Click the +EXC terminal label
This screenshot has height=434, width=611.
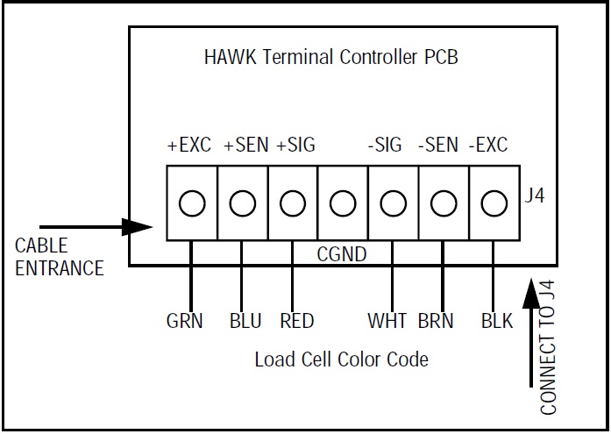(x=188, y=145)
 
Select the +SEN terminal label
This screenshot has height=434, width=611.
(x=246, y=145)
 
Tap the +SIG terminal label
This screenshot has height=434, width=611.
(x=295, y=145)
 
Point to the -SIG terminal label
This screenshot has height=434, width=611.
(x=384, y=145)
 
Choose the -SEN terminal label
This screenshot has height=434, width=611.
(x=437, y=145)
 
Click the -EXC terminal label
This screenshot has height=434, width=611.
(x=488, y=145)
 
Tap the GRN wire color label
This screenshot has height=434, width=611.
(x=185, y=321)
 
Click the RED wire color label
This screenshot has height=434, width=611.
(x=297, y=321)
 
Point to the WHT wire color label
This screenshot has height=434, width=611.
(x=387, y=321)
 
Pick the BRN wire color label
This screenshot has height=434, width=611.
(x=437, y=321)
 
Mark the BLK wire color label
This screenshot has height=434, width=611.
(x=497, y=321)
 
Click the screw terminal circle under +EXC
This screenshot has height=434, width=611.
(x=191, y=204)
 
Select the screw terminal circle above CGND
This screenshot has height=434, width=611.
(x=343, y=204)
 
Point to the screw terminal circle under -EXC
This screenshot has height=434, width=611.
(x=494, y=204)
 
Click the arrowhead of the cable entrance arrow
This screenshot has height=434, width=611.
(x=139, y=227)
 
